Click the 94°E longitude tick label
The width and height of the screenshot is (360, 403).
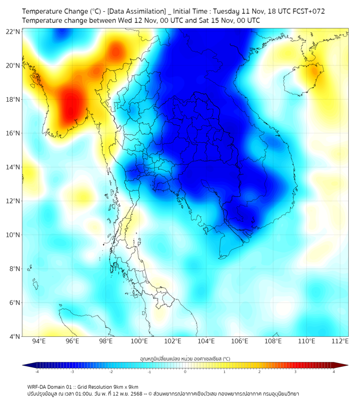coord(39,341)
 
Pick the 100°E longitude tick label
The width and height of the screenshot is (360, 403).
coord(139,341)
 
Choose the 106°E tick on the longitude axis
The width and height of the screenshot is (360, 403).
coord(240,341)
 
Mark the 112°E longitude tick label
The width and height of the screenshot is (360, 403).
coord(340,341)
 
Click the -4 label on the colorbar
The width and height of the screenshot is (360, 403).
coord(37,372)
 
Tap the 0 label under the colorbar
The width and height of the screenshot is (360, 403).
coord(185,372)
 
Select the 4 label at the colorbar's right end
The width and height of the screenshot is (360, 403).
coord(333,372)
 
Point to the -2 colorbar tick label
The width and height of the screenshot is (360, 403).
coord(111,372)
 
